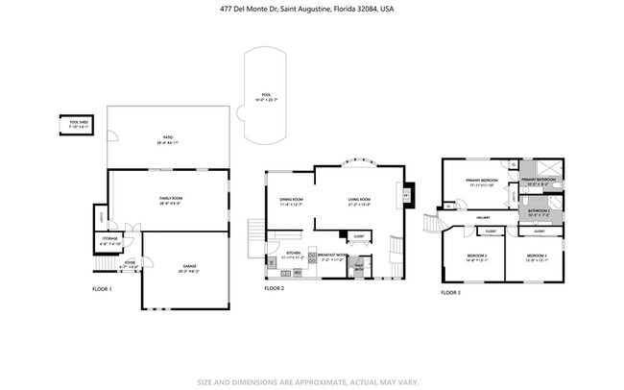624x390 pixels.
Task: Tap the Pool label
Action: tap(266, 98)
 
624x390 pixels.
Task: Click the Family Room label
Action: tap(170, 200)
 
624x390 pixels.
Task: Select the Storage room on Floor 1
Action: tap(110, 242)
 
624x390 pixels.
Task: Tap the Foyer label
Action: tap(129, 262)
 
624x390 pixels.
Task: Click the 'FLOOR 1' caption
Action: tap(102, 288)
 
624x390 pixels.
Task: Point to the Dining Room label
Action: tap(291, 202)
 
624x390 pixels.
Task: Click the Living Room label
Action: tap(360, 202)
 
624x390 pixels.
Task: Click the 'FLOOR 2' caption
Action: tap(275, 288)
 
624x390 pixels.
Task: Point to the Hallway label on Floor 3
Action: tap(485, 218)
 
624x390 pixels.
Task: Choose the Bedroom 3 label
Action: tap(538, 256)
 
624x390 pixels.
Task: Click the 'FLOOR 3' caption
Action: tap(451, 292)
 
